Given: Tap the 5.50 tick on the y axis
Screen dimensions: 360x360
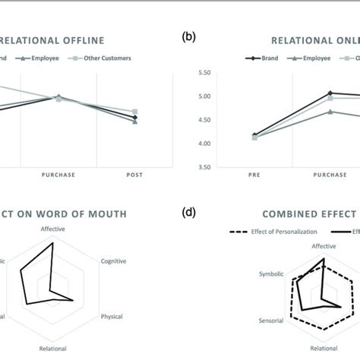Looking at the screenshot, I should point(204,73).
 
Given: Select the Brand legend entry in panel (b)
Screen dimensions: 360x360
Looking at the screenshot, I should point(267,58).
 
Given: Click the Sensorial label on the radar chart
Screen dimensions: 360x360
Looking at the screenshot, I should point(270,321).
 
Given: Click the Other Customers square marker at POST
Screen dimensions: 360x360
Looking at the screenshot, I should point(135,112).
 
